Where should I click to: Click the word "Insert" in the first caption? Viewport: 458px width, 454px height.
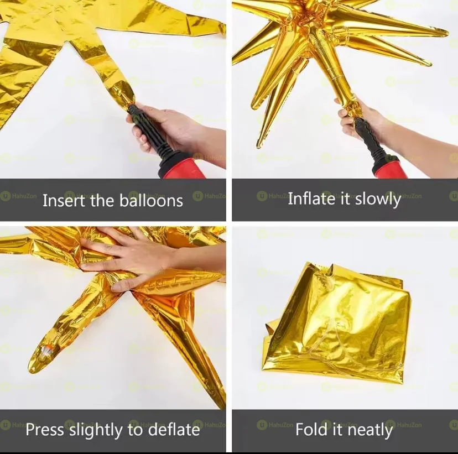(64, 200)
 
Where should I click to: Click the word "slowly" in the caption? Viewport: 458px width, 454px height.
(378, 199)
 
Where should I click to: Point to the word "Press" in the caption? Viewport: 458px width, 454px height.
(46, 429)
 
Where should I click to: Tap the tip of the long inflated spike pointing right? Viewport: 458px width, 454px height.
(445, 33)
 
